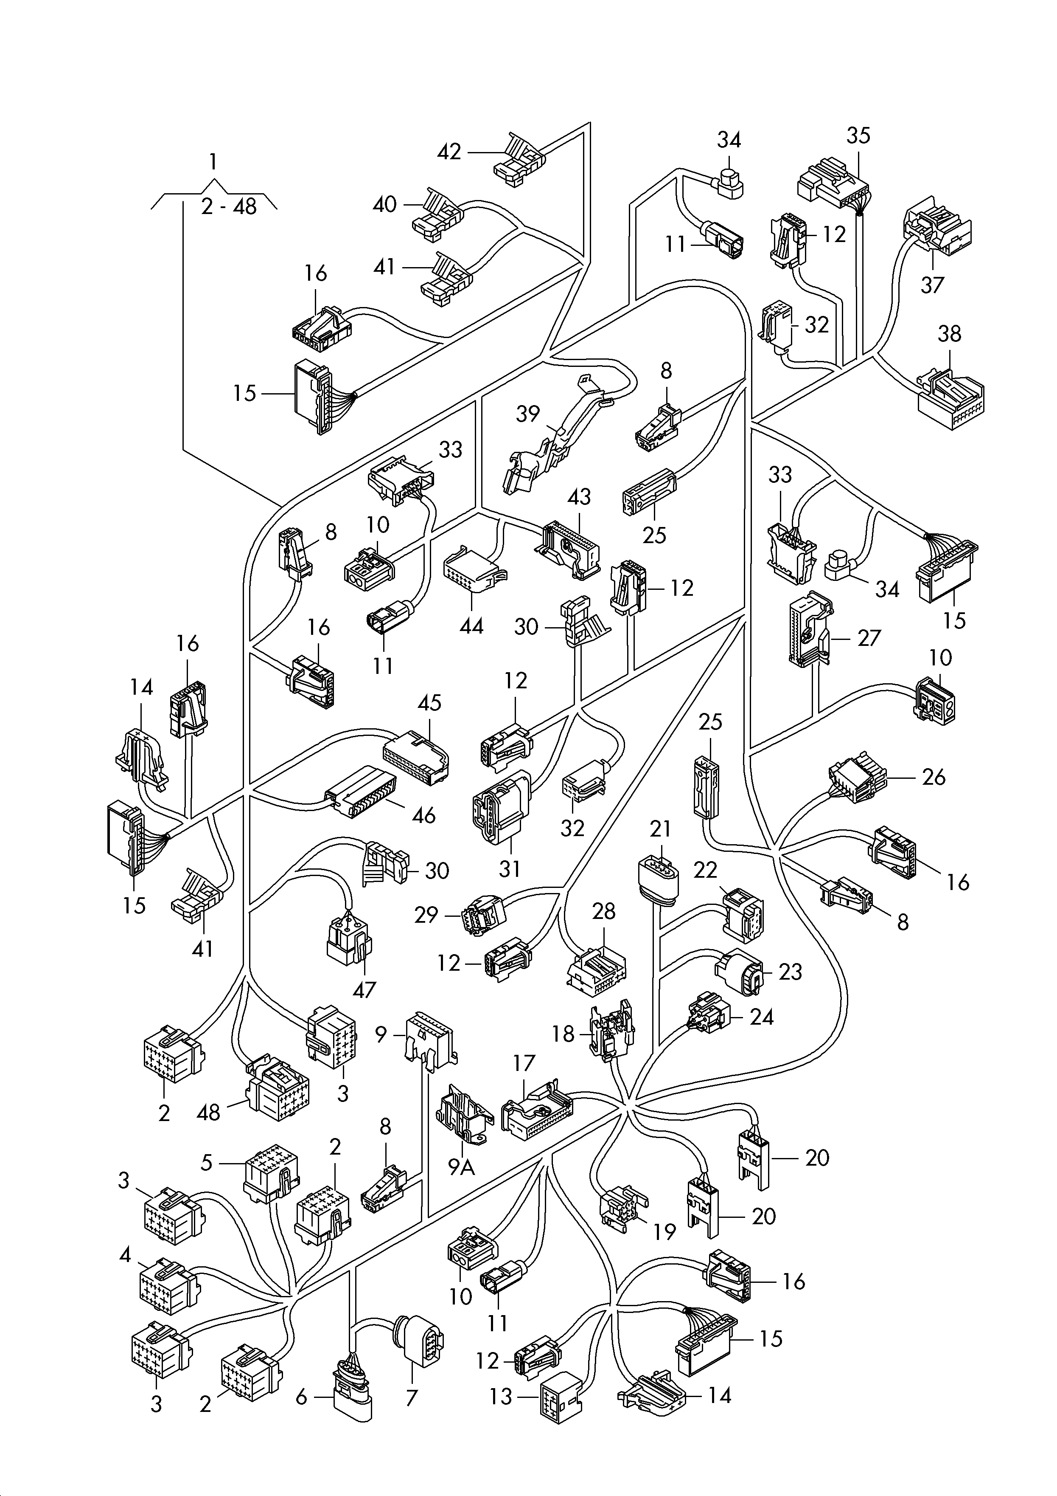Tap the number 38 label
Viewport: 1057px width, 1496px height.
pos(949,334)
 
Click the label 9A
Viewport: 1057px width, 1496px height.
pos(461,1168)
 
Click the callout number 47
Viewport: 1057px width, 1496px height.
pos(364,990)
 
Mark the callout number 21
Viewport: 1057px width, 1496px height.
pos(660,829)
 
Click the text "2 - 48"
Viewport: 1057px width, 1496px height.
pos(229,206)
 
